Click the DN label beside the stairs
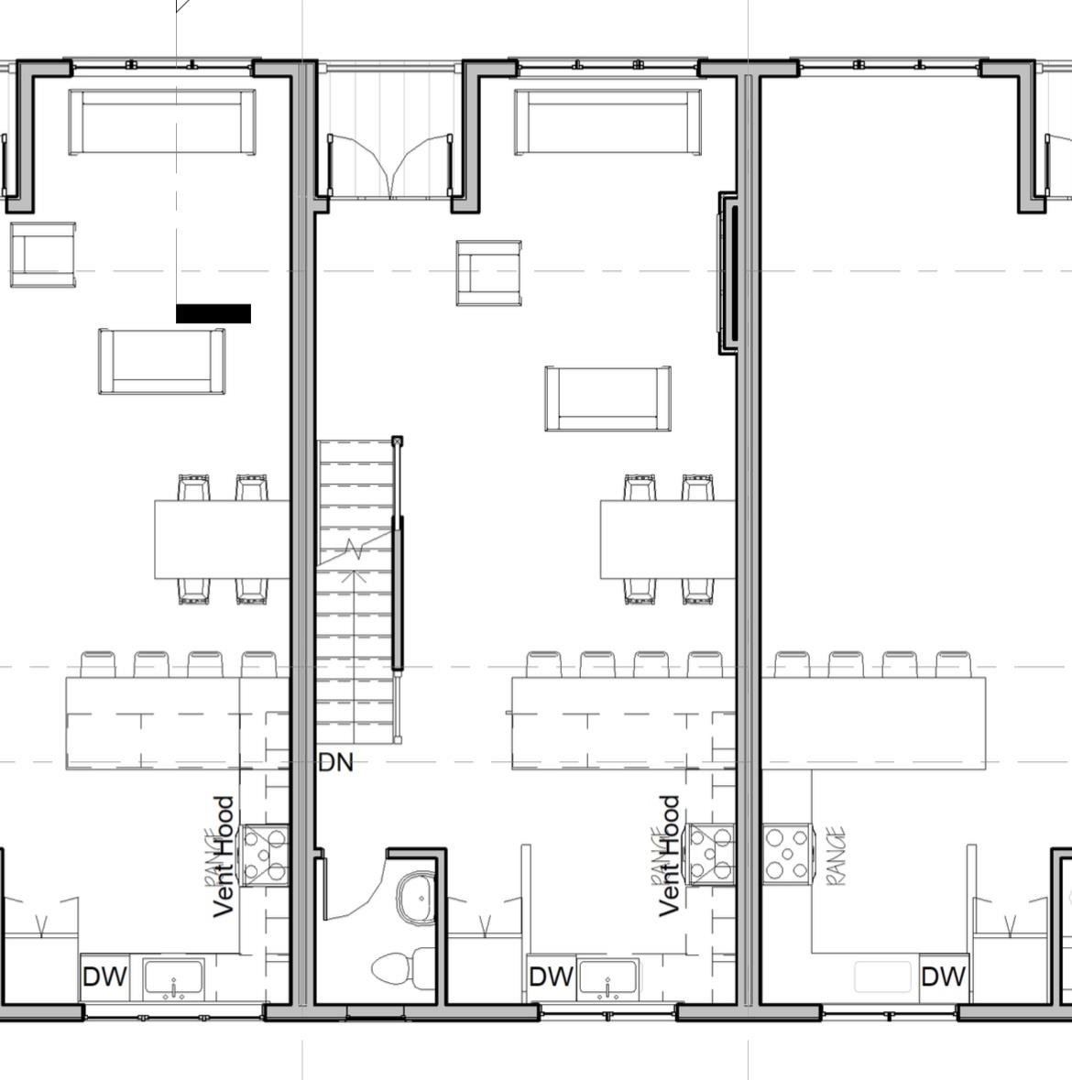click(x=335, y=762)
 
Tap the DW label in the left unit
click(x=105, y=976)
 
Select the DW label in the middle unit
click(x=551, y=976)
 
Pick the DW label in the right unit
click(x=943, y=976)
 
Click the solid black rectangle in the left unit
click(x=213, y=314)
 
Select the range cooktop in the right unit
click(x=787, y=852)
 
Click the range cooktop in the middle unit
click(x=711, y=854)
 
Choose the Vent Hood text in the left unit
click(x=224, y=856)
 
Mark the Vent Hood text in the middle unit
click(x=670, y=856)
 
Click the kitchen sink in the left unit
click(x=174, y=978)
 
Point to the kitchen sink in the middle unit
click(x=608, y=978)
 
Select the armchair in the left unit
click(x=42, y=254)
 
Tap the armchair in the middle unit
click(x=489, y=273)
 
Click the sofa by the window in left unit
click(x=162, y=122)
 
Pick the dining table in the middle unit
click(x=668, y=539)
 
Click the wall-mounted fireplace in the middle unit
click(x=728, y=273)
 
